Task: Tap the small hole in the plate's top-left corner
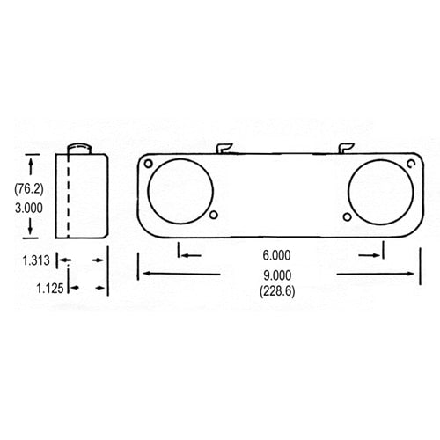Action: pos(150,164)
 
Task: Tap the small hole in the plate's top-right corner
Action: pos(411,164)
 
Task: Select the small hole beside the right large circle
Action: pos(347,217)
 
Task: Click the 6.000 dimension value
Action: pos(277,256)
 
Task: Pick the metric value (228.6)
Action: pos(277,290)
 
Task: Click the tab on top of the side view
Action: pos(81,147)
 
